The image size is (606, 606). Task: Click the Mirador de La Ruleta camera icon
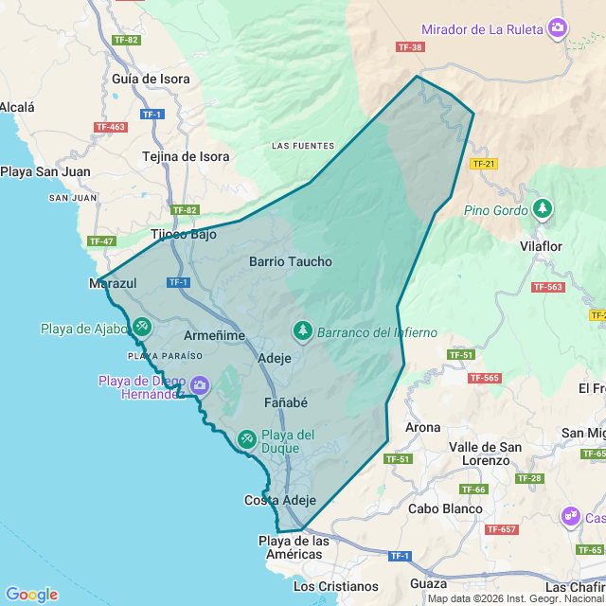tap(559, 28)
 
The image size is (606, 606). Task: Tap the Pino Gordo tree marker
tap(542, 207)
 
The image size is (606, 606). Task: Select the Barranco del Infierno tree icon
tap(303, 330)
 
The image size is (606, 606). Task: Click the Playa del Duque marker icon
tap(246, 438)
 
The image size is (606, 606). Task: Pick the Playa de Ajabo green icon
tap(141, 327)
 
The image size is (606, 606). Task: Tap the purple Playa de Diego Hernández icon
tap(199, 384)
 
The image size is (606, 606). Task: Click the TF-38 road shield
tap(410, 46)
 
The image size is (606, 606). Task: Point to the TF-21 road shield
tap(483, 164)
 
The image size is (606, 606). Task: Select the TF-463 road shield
tap(111, 127)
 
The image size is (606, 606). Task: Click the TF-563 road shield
tap(547, 287)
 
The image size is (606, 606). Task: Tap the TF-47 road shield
tap(101, 241)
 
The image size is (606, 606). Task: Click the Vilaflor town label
tap(541, 246)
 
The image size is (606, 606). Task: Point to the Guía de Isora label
tap(151, 80)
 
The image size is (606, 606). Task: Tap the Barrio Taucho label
tap(291, 261)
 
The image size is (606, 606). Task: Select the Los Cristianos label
tap(335, 586)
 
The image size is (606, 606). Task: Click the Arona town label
tap(422, 427)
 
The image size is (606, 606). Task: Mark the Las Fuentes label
tap(303, 146)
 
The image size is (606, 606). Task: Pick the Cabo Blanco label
tap(445, 508)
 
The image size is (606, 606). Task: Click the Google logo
tap(31, 594)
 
